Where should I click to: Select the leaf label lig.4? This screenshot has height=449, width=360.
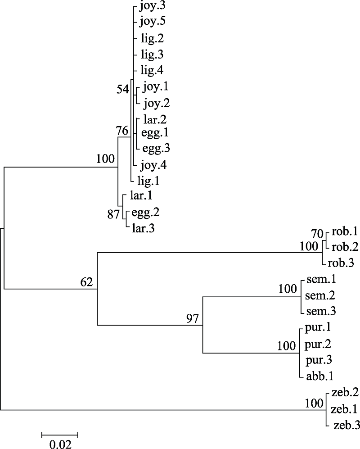tap(152, 70)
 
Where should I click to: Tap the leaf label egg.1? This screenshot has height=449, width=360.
tap(155, 132)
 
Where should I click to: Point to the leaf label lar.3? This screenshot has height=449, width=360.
tap(143, 228)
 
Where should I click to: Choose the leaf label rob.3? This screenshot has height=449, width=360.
tap(341, 263)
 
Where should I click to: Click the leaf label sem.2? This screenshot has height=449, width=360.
tap(320, 295)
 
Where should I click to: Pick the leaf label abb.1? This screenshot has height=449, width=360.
tap(319, 376)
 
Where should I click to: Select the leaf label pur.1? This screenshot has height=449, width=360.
tap(318, 327)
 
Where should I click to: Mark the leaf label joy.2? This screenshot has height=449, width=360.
tap(157, 104)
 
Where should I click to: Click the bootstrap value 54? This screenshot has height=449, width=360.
tap(123, 89)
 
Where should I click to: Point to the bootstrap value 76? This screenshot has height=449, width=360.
tap(122, 131)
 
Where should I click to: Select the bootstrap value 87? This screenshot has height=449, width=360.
tap(113, 214)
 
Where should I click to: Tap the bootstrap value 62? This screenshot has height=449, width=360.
tap(87, 282)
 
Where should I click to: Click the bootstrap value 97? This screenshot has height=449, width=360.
tap(192, 318)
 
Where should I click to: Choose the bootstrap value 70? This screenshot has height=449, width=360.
tap(317, 234)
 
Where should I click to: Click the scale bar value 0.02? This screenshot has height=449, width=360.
tap(60, 444)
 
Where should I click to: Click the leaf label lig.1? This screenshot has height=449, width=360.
tap(148, 181)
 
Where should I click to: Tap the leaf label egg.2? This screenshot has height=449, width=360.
tap(145, 213)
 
